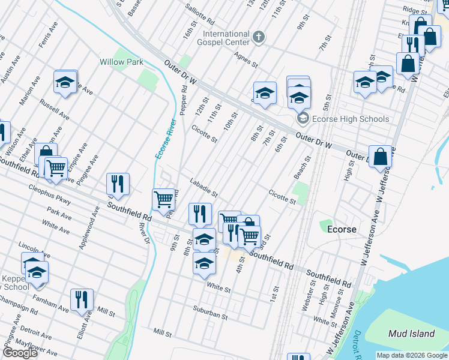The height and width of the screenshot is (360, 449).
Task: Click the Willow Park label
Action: [x=121, y=62]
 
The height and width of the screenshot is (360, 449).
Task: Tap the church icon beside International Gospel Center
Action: [x=259, y=38]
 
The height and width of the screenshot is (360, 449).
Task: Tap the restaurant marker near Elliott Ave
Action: [x=82, y=300]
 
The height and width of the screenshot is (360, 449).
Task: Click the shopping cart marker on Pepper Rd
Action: [x=163, y=199]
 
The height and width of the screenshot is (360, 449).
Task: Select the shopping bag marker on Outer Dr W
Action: [x=380, y=157]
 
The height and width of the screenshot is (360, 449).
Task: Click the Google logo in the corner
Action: [x=20, y=353]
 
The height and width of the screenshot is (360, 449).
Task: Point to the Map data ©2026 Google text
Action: [x=411, y=355]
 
